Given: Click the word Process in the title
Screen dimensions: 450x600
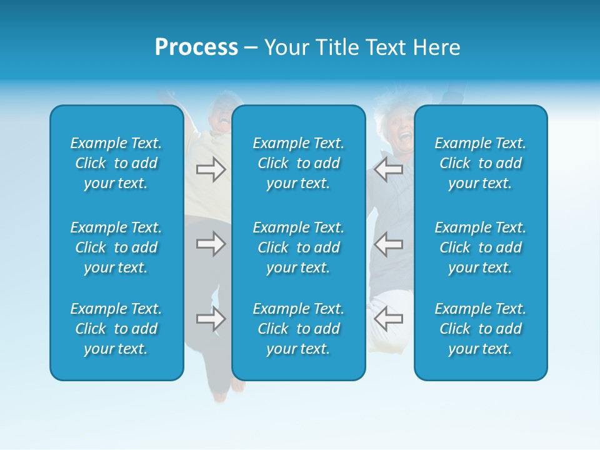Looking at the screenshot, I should (196, 47).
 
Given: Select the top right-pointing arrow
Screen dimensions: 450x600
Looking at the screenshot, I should (211, 169).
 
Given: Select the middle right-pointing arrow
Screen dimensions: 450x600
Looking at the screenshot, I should (211, 244).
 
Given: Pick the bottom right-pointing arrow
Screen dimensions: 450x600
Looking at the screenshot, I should (211, 319).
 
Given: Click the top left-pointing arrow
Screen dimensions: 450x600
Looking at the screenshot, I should (389, 169).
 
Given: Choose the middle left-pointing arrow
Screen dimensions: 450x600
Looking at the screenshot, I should (389, 244).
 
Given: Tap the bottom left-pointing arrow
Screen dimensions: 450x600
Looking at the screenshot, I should (389, 319).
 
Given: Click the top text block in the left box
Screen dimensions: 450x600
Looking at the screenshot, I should (116, 163).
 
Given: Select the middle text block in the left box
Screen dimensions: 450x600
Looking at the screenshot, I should (116, 247).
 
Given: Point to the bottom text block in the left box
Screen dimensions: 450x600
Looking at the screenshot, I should (116, 329).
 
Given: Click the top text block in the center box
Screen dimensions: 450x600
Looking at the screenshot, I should (299, 163).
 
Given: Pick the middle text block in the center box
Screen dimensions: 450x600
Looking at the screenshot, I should (299, 247).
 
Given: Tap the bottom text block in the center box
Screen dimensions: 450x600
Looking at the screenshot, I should (299, 329).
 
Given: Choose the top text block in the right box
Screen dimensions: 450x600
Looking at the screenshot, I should (481, 163).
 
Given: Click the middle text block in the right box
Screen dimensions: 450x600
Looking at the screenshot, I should (481, 247).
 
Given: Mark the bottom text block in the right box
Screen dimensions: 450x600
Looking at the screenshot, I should (481, 329).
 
